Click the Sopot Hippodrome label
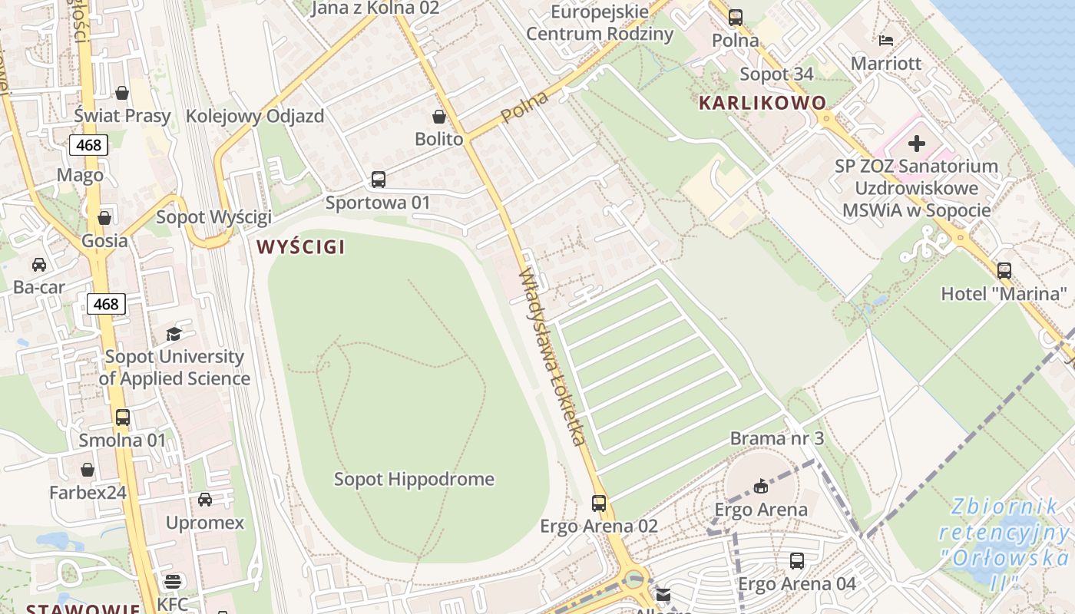(414, 480)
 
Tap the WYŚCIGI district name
(300, 247)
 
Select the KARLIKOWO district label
(762, 103)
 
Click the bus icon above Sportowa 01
(378, 180)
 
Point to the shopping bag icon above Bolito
(439, 117)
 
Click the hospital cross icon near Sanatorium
(916, 144)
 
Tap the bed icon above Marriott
(885, 41)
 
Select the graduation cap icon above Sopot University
(174, 335)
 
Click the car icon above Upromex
(205, 500)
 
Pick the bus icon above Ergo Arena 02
(599, 503)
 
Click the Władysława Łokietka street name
(552, 357)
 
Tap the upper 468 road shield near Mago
(88, 145)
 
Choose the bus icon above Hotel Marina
(1004, 271)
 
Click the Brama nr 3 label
(776, 438)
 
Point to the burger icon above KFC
(173, 582)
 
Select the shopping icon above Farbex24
(88, 470)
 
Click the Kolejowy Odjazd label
(255, 117)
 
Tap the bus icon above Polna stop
(736, 17)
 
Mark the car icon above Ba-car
(39, 265)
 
